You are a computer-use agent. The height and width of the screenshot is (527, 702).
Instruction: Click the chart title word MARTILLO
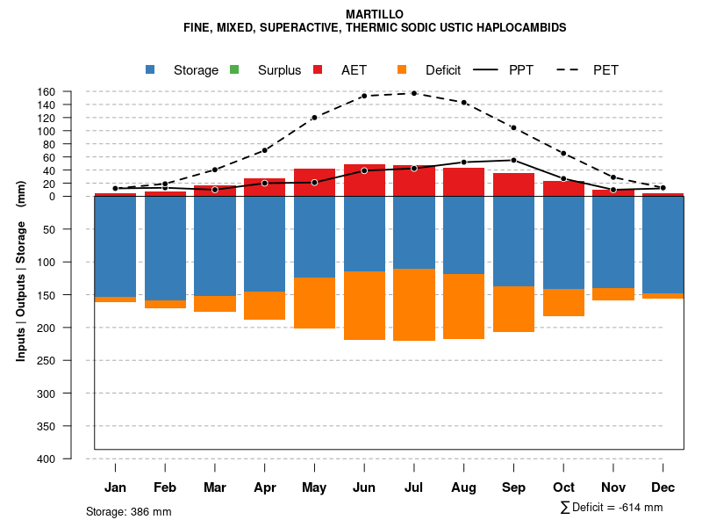coord(375,14)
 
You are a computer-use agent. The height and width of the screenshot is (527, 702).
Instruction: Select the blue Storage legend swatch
coord(150,69)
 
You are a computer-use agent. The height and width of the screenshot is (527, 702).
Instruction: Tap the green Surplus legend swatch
coord(234,69)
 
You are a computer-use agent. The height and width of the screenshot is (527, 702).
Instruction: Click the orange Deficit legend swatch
coord(402,69)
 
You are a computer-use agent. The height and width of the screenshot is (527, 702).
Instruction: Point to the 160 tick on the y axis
coord(47,91)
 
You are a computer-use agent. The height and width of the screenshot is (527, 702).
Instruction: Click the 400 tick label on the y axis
coord(47,458)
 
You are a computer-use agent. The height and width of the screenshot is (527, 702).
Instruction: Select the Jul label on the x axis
coord(414,487)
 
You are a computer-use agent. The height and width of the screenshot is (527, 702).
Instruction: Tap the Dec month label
coord(663,487)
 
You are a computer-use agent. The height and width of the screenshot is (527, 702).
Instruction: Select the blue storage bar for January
coord(115,247)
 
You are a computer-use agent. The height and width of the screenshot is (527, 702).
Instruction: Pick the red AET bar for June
coord(364,180)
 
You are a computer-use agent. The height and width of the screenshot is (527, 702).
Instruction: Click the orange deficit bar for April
coord(264,306)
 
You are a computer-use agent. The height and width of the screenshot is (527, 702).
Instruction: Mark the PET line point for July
coord(414,93)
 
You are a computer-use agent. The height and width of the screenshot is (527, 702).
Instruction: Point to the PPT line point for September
coord(513,160)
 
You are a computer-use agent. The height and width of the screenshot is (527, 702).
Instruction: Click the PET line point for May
coord(314,117)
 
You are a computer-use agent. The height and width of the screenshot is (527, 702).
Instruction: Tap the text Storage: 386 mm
coord(129,511)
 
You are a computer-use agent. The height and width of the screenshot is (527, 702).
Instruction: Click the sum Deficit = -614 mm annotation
coord(612,508)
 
